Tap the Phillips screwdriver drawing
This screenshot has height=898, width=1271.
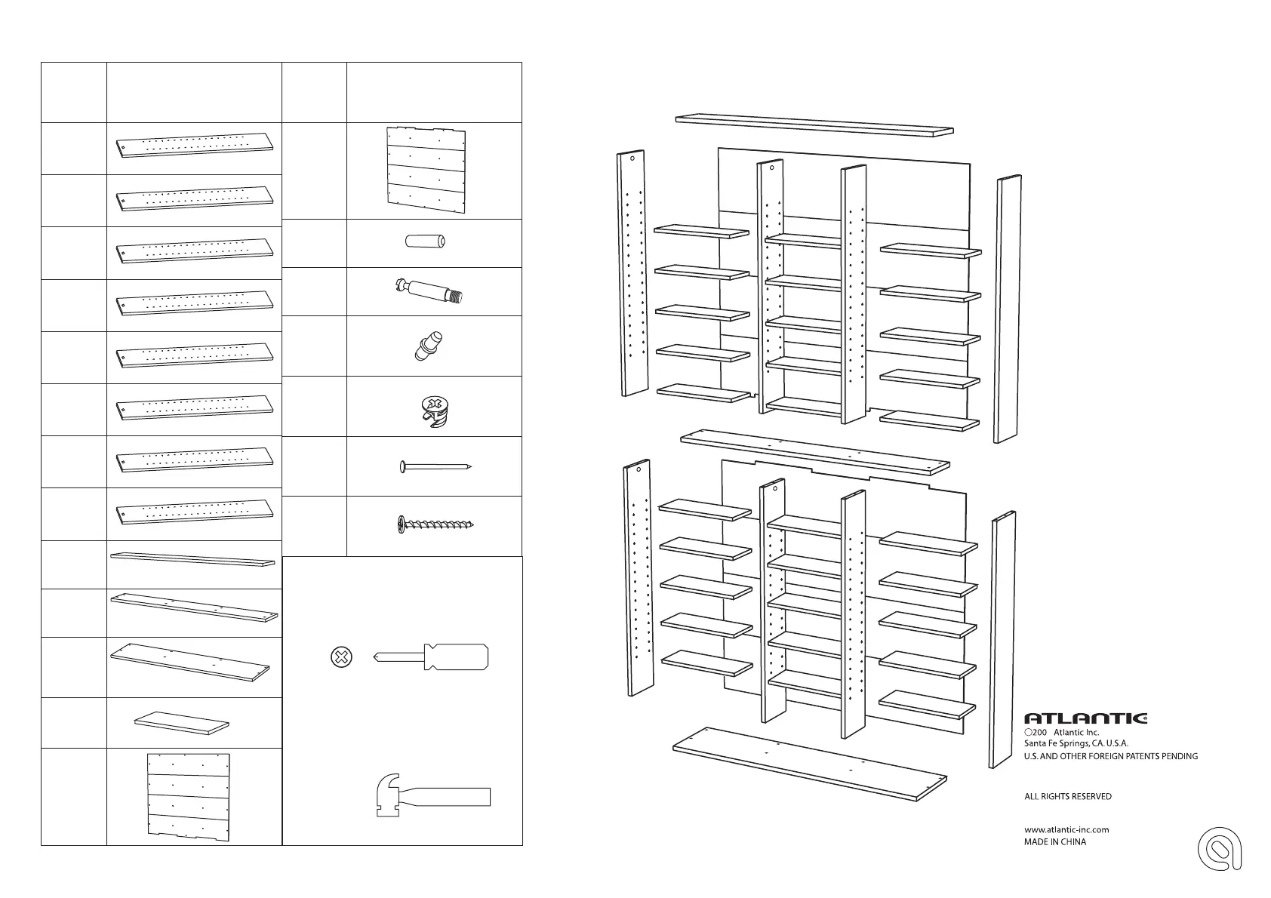[x=431, y=657]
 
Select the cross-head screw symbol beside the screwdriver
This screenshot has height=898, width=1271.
[x=342, y=657]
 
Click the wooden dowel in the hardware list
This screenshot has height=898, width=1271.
[x=426, y=242]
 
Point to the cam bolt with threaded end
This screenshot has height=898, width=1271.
[x=429, y=291]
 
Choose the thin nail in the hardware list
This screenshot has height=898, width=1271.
[x=435, y=467]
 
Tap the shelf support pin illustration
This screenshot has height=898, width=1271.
[x=428, y=346]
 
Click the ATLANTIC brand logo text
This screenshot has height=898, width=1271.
[x=1085, y=718]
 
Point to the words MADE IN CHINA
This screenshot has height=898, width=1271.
[x=1055, y=841]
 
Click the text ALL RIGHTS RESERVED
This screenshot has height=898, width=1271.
[x=1067, y=796]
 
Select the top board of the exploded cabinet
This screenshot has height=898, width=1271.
[x=814, y=124]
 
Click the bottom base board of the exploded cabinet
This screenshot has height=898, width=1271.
[x=809, y=764]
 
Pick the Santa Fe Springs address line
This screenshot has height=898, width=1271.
[x=1076, y=743]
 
